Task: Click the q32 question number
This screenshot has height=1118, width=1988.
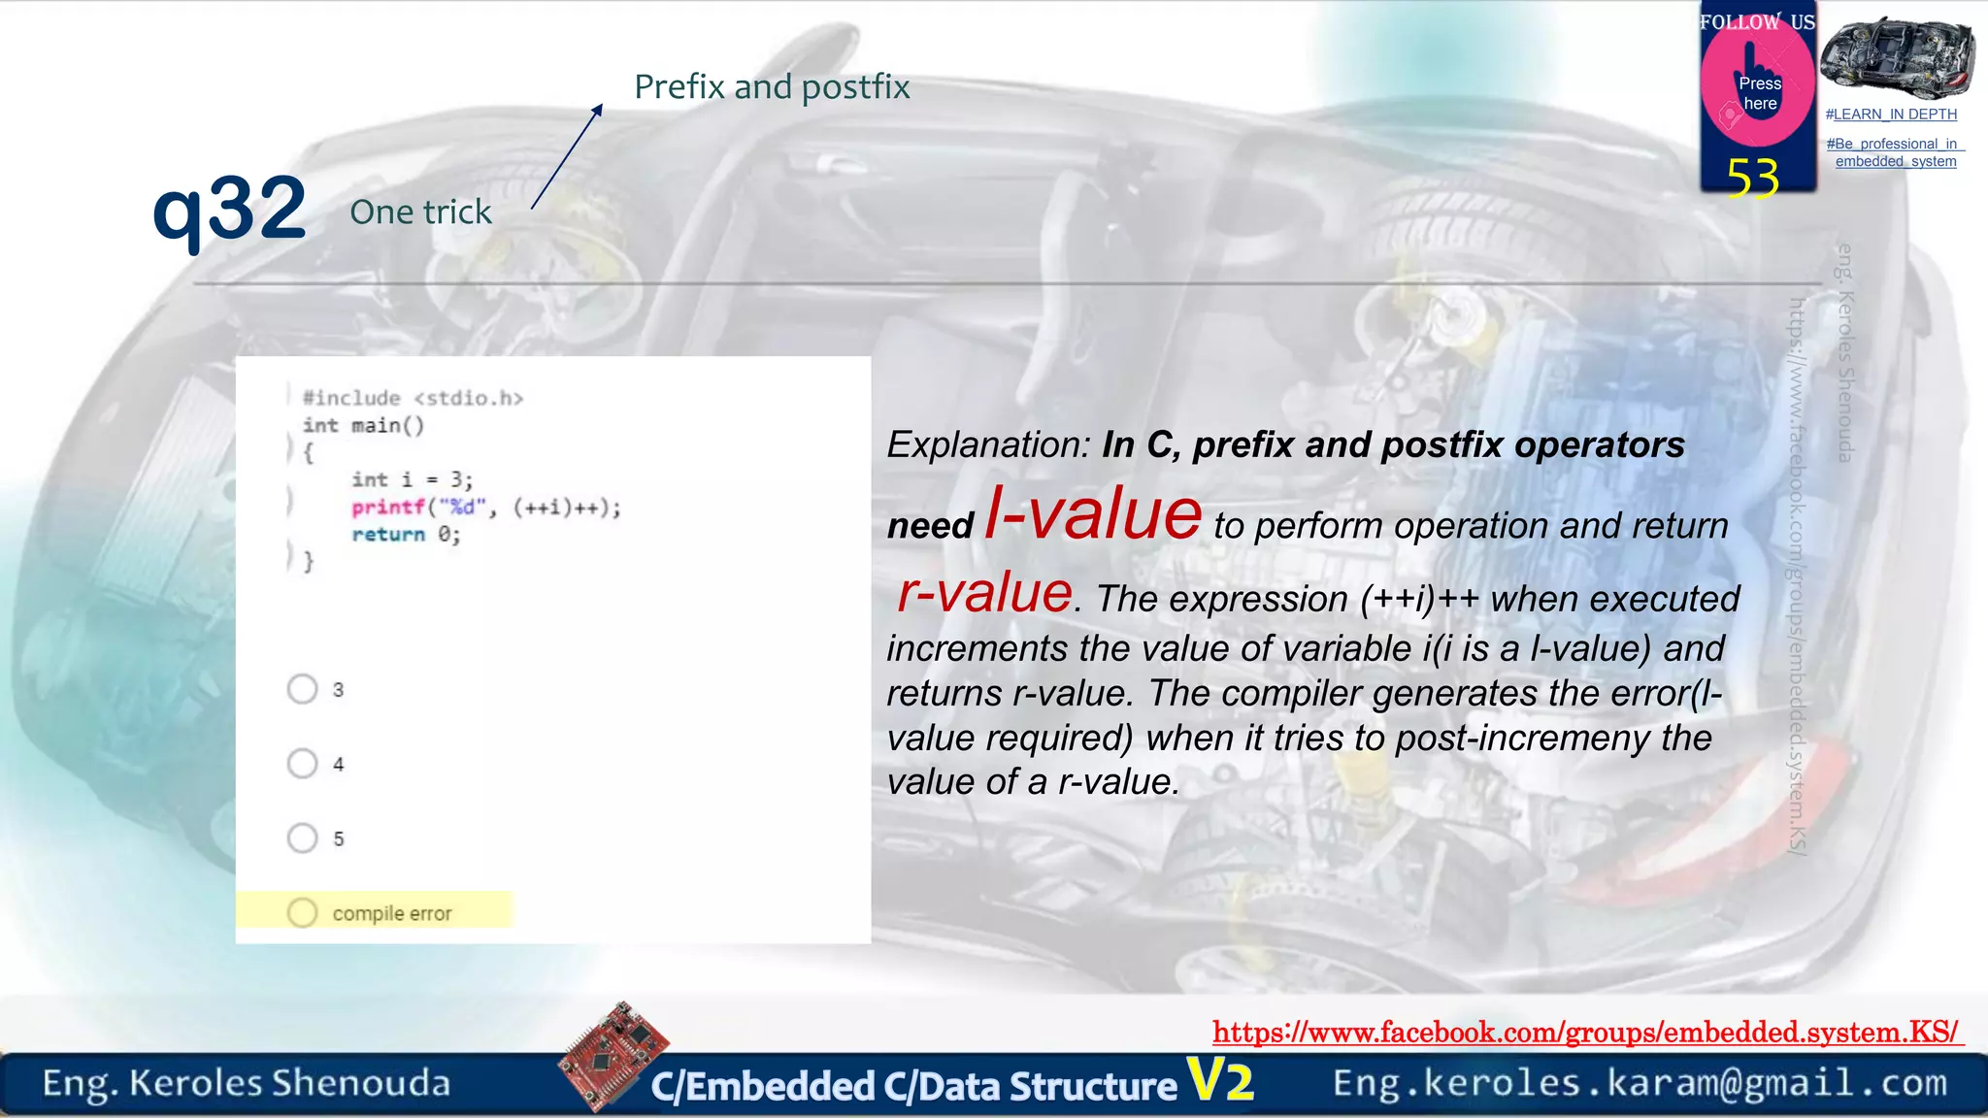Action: point(230,210)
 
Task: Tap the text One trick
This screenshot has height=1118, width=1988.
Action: point(420,212)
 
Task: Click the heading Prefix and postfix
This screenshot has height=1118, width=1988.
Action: point(772,87)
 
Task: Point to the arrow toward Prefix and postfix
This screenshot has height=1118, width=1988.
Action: point(567,156)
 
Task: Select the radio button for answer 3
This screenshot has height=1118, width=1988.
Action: point(302,689)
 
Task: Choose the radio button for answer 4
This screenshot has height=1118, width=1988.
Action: point(302,764)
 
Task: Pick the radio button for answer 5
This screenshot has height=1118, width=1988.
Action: point(302,838)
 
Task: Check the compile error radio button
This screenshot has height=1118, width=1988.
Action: point(302,912)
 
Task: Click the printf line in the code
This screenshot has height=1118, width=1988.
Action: point(485,508)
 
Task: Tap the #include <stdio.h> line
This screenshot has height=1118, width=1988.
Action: point(413,398)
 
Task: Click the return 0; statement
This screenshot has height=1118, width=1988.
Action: point(406,535)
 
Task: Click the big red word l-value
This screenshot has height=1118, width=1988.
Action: point(1093,514)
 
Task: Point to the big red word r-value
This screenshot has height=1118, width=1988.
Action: point(984,592)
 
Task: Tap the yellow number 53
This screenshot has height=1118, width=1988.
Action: point(1752,179)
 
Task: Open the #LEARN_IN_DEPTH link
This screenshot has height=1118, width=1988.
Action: point(1890,115)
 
